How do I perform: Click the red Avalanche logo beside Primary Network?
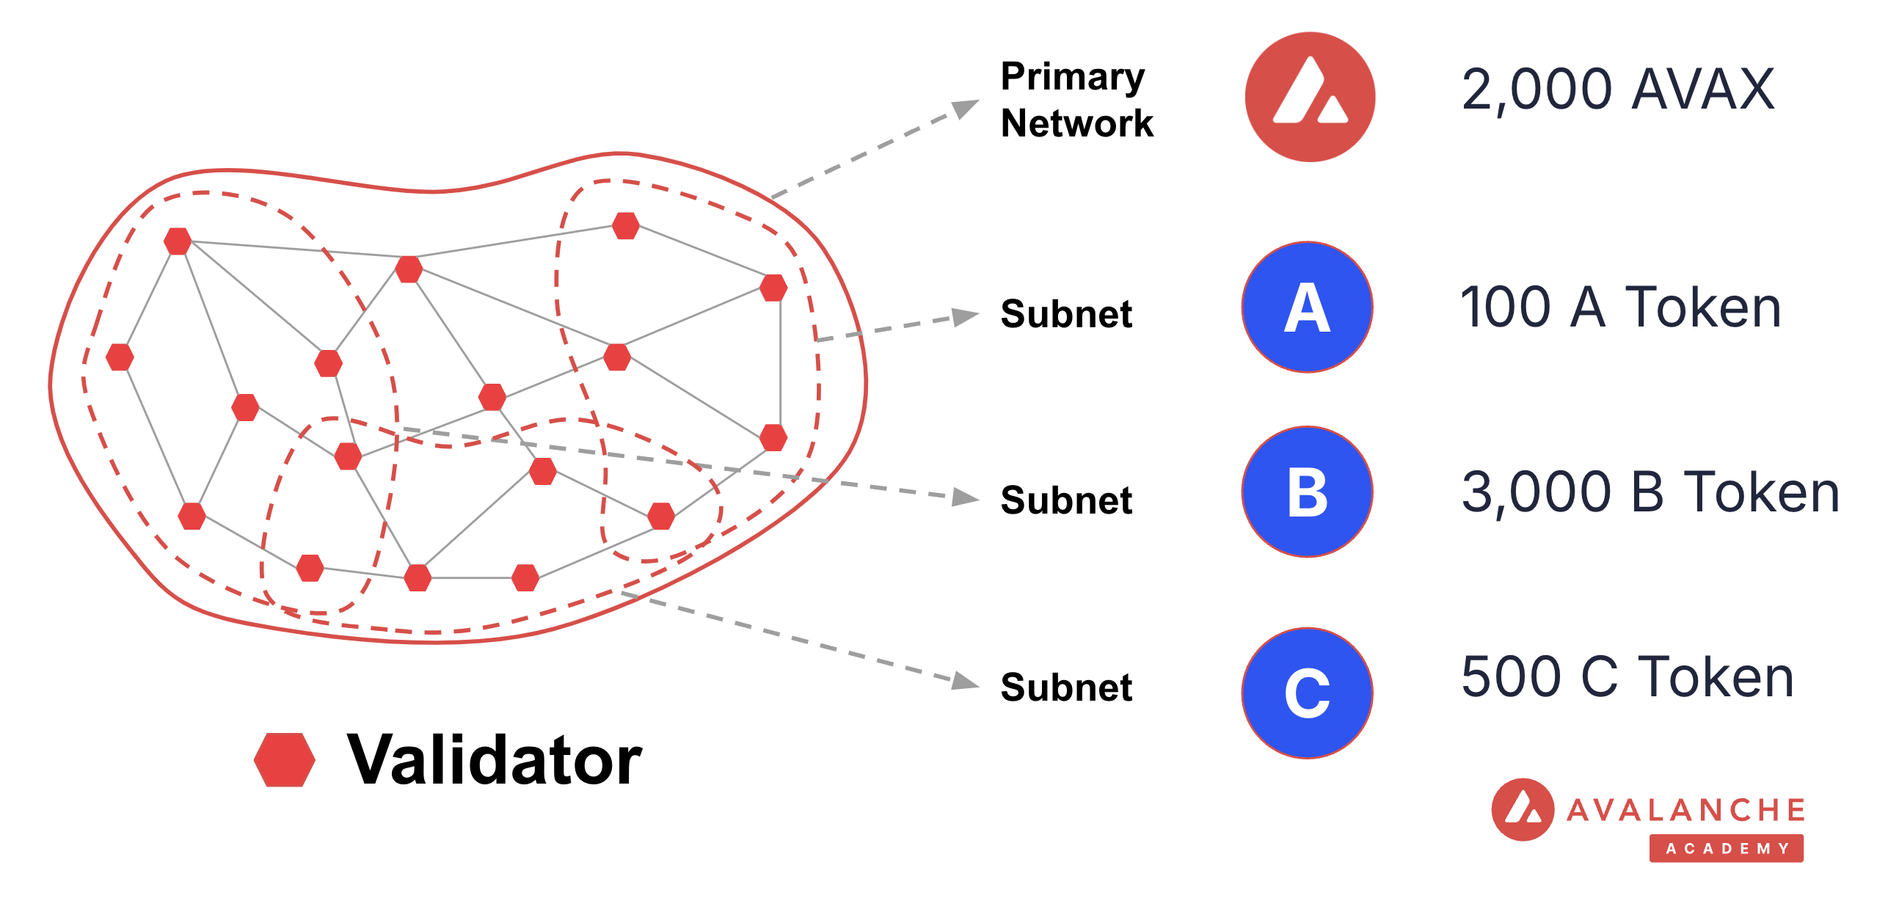[x=1310, y=97]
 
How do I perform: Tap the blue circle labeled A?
[x=1307, y=307]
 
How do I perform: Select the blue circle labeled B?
[x=1307, y=492]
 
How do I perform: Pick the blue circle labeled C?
[x=1307, y=693]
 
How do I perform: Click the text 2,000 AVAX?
[x=1618, y=90]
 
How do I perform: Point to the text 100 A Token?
[x=1621, y=307]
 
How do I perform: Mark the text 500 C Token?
[x=1628, y=676]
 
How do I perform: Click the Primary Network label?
[x=1076, y=100]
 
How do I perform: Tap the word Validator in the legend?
[x=495, y=760]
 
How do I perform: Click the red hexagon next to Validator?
[x=285, y=760]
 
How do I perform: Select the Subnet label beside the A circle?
[x=1066, y=314]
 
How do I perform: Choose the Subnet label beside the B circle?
[x=1066, y=500]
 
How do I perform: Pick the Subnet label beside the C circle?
[x=1066, y=687]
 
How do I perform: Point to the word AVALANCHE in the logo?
[x=1686, y=810]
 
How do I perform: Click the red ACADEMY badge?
[x=1726, y=848]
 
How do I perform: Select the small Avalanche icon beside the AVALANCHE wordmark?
[x=1523, y=809]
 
